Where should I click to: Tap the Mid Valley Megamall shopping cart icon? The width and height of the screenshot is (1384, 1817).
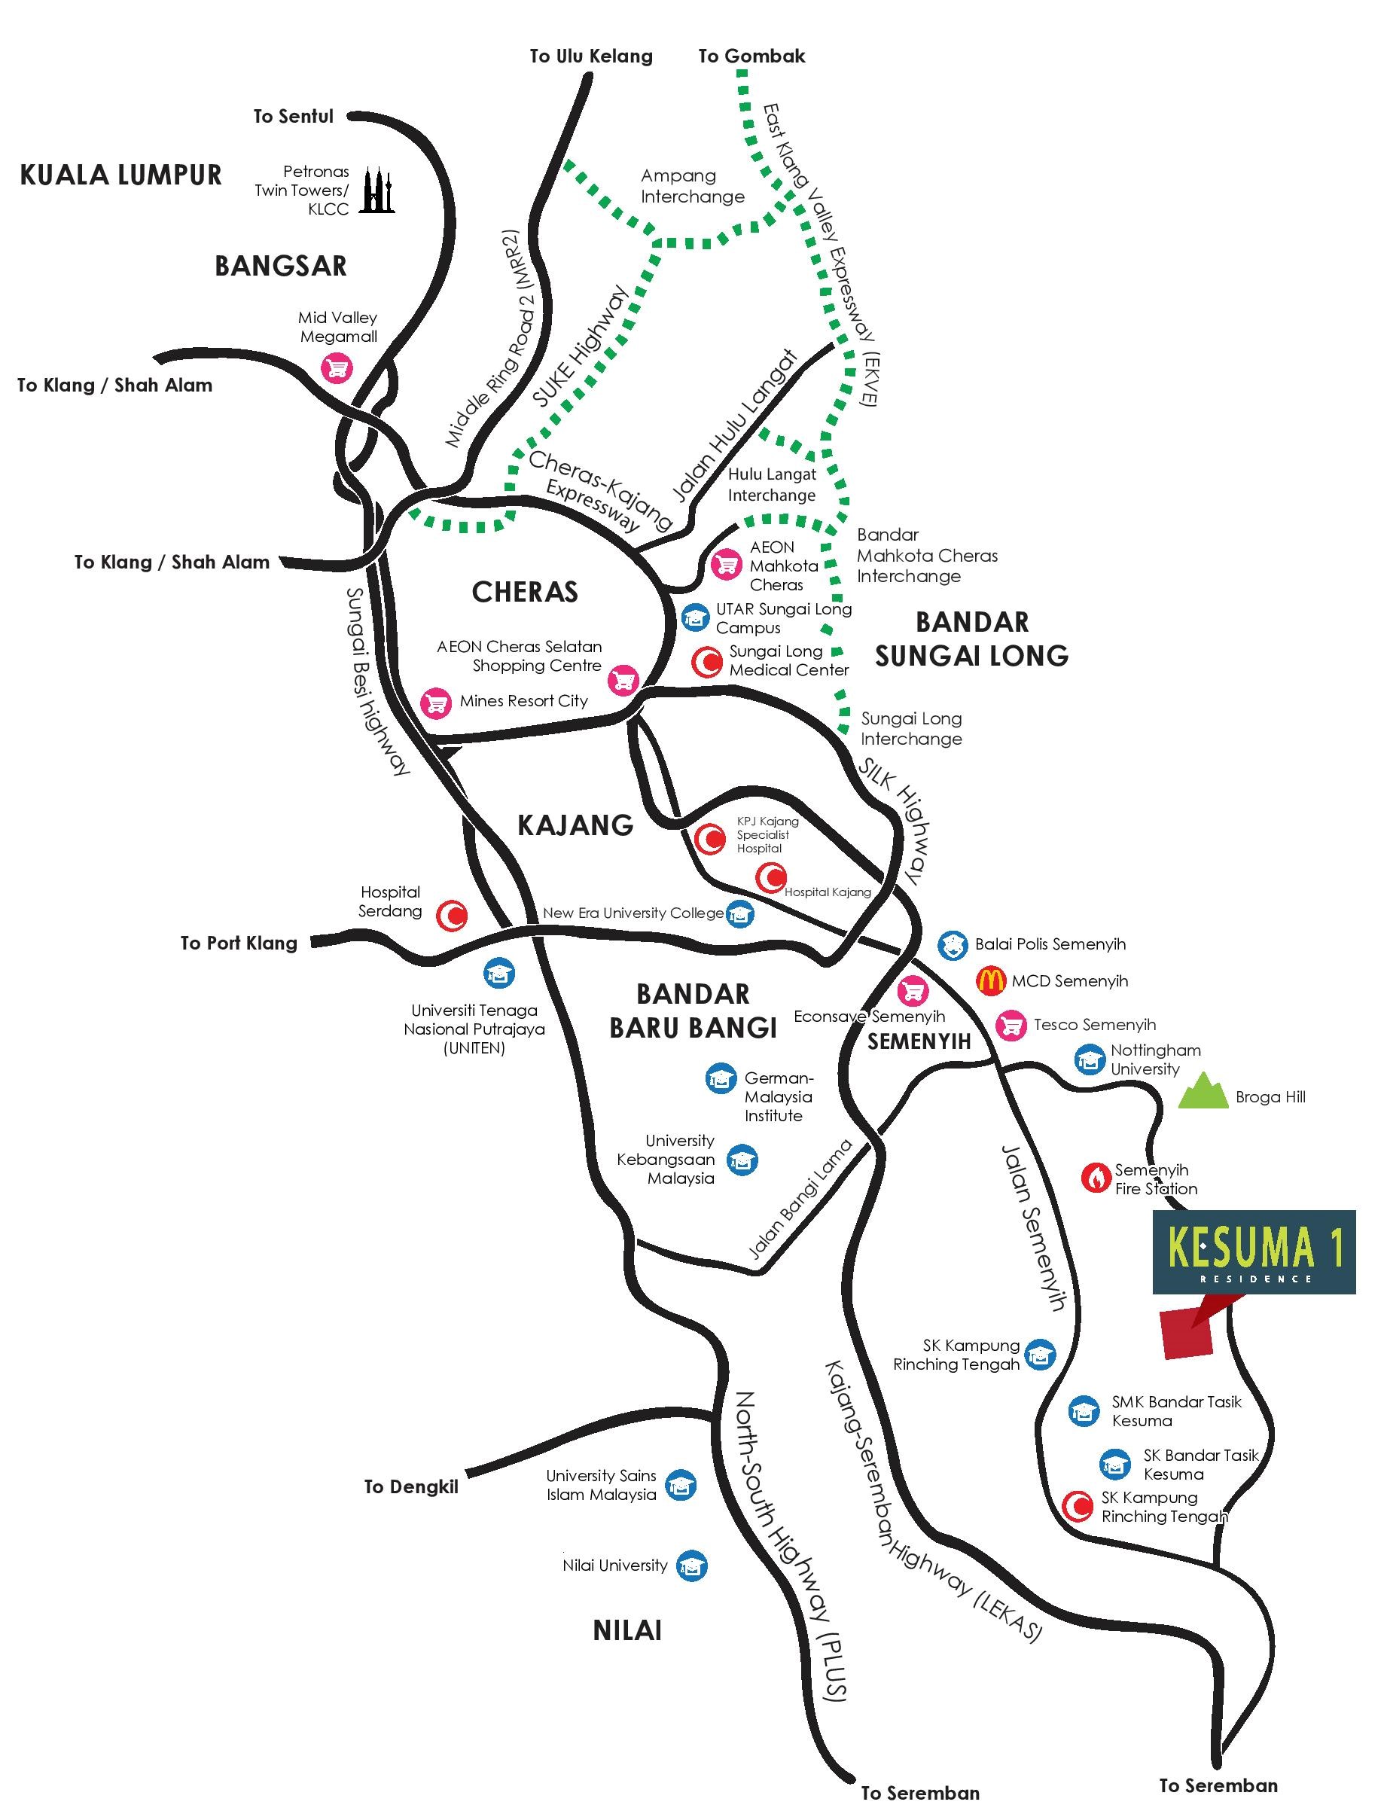(x=336, y=367)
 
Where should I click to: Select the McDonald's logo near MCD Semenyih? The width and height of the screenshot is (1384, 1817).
(x=990, y=980)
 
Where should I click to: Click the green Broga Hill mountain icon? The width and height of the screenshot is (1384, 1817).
(x=1203, y=1091)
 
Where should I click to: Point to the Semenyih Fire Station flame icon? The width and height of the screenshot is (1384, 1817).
(x=1096, y=1178)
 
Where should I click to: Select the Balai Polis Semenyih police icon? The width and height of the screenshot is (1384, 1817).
(x=953, y=944)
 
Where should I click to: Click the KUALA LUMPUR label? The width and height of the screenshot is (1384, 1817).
(x=121, y=175)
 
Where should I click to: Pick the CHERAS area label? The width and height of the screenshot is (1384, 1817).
(x=525, y=591)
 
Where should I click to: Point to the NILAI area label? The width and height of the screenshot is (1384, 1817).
(x=628, y=1630)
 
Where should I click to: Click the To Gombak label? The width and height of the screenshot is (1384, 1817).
(x=751, y=56)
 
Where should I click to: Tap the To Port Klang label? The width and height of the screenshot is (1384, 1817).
(x=239, y=943)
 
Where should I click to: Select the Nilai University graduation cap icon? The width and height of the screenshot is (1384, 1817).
(x=692, y=1565)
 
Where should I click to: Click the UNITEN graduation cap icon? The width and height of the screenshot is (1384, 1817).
(x=498, y=973)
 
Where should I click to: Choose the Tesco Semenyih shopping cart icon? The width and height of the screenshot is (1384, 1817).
(x=1011, y=1025)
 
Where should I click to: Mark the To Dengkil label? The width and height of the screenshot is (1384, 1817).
(x=411, y=1486)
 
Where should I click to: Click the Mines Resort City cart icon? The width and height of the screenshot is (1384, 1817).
(x=437, y=703)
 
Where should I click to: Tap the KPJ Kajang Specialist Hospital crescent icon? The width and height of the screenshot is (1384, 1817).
(x=710, y=839)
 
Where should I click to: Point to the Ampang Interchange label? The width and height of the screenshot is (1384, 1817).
(x=692, y=186)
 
